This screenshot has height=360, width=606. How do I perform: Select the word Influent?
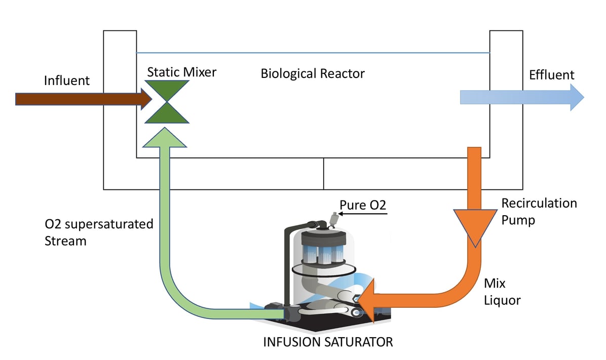tap(67, 81)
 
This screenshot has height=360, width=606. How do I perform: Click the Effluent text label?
tap(551, 75)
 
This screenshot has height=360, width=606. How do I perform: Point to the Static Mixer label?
tap(181, 72)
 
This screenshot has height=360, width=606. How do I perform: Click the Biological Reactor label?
tap(312, 73)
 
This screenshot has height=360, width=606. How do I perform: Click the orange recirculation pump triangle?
tap(474, 225)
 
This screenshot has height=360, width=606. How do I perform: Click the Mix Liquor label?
tap(502, 291)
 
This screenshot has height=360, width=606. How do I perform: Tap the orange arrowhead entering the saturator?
tap(373, 299)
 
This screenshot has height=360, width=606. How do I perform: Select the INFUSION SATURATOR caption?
tap(328, 342)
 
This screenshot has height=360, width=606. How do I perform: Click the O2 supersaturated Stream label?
tap(99, 232)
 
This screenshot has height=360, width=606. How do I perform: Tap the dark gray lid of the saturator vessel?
tap(322, 238)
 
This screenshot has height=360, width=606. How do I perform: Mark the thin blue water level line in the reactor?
tap(312, 53)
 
